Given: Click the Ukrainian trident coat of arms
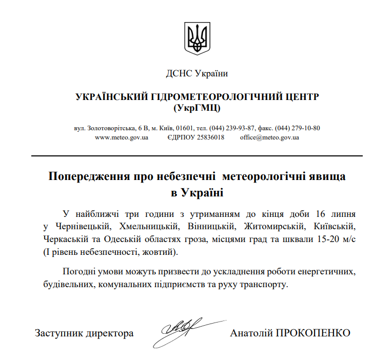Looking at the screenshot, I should pyautogui.click(x=197, y=38).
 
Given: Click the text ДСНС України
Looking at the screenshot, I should pyautogui.click(x=197, y=73).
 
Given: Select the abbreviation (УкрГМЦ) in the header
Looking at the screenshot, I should pyautogui.click(x=197, y=107).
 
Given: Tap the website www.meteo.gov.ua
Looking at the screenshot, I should pyautogui.click(x=122, y=137).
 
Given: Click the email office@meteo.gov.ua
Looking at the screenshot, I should pyautogui.click(x=269, y=137).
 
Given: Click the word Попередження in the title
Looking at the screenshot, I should pyautogui.click(x=90, y=176).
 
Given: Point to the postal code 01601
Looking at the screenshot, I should pyautogui.click(x=185, y=128).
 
